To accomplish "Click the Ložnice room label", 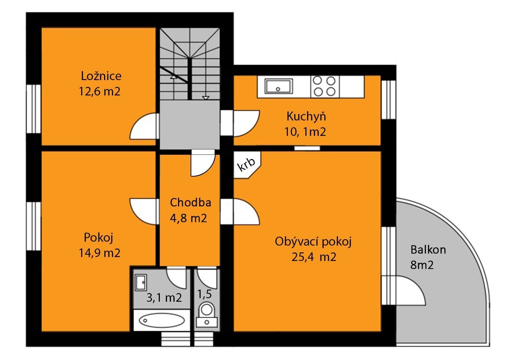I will pyautogui.click(x=101, y=76).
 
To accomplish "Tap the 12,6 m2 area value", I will pyautogui.click(x=99, y=92).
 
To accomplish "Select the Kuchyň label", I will pyautogui.click(x=306, y=117).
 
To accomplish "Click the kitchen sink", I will pyautogui.click(x=279, y=86).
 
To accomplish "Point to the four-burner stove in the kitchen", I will pyautogui.click(x=324, y=86).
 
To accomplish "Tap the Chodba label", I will pyautogui.click(x=190, y=202).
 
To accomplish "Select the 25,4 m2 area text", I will pyautogui.click(x=314, y=257).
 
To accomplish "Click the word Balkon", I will pyautogui.click(x=428, y=249).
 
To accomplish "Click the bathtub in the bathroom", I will pyautogui.click(x=161, y=320).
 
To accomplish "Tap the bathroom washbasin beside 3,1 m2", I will pyautogui.click(x=141, y=283).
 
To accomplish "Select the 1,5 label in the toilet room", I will pyautogui.click(x=204, y=294).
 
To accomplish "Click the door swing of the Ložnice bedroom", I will pyautogui.click(x=144, y=127).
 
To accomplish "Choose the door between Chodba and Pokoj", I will pyautogui.click(x=144, y=211).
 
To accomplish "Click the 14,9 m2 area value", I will pyautogui.click(x=99, y=253).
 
